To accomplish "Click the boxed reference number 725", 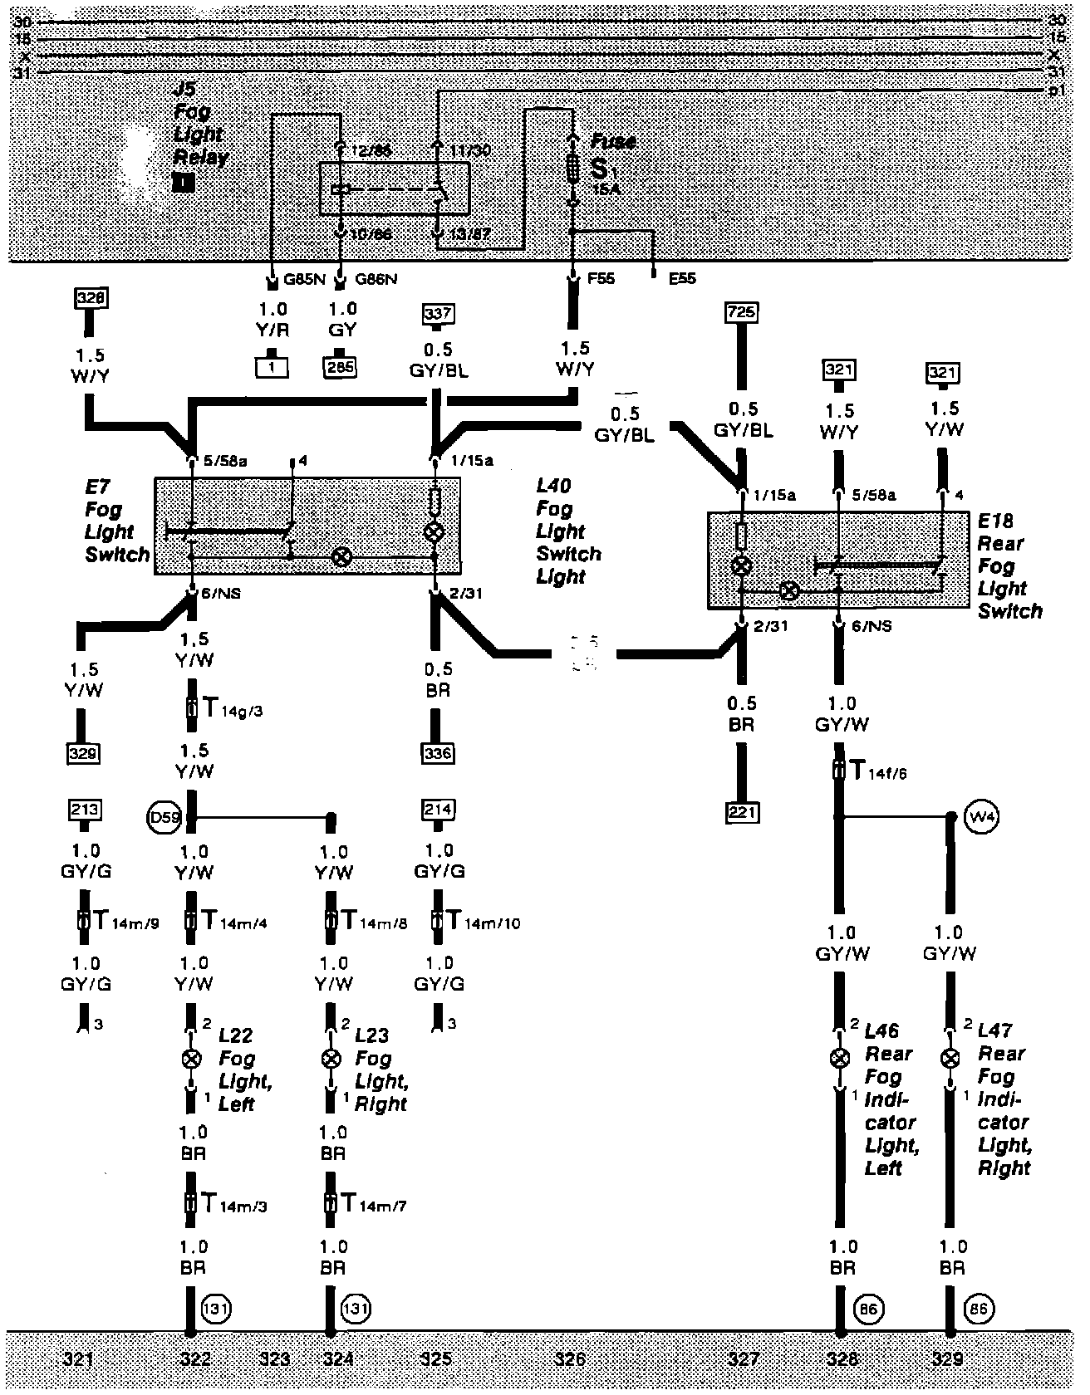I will click(741, 312).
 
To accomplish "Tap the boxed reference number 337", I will click(438, 313).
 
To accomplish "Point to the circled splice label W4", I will click(983, 815).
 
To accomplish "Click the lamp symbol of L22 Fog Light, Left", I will click(191, 1059).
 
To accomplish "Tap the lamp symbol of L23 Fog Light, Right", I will click(331, 1059).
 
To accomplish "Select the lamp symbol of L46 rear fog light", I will click(841, 1058).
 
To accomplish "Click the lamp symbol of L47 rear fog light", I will click(950, 1059).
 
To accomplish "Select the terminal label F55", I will click(601, 279).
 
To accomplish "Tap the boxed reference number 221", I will click(741, 811).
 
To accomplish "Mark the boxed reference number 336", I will click(438, 753).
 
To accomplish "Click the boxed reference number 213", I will click(86, 810).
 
